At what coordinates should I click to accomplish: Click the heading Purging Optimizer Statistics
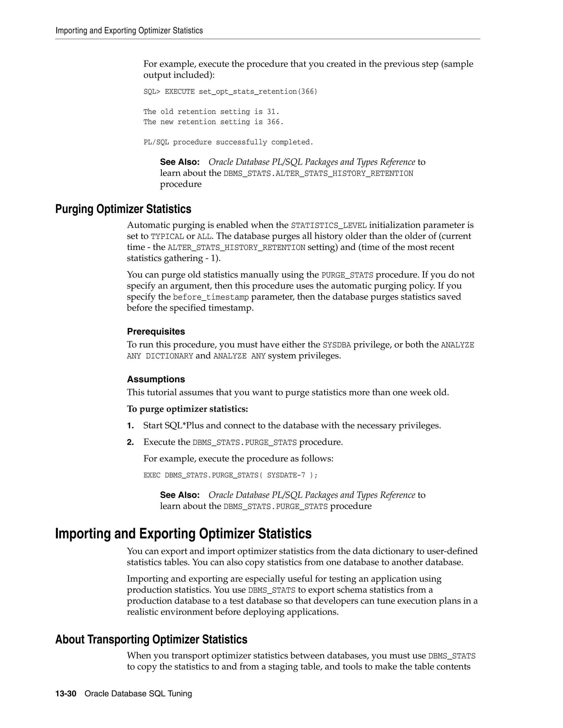tap(123, 209)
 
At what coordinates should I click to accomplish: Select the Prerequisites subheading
tap(156, 331)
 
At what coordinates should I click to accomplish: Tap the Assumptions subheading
tap(156, 379)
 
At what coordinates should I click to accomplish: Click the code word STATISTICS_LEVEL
tap(329, 226)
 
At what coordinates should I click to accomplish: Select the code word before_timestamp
tap(211, 297)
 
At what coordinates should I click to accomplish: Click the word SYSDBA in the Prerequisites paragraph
tap(337, 345)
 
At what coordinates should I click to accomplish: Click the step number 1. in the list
tap(130, 426)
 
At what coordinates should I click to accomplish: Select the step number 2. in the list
tap(130, 442)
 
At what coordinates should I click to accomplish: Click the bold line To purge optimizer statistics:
tap(187, 409)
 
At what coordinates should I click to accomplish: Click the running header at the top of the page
tap(129, 31)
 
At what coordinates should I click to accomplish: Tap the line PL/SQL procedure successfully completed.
tap(228, 142)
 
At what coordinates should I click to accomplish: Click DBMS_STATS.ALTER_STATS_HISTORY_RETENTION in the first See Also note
tap(318, 174)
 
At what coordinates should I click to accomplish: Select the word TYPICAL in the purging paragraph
tap(167, 237)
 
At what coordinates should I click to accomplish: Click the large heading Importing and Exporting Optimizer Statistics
tap(183, 534)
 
